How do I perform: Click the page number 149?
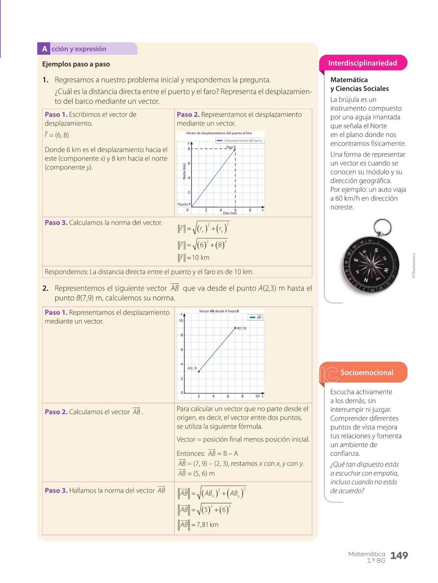(x=399, y=556)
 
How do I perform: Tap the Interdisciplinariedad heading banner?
(x=362, y=63)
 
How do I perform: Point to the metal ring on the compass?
(x=382, y=226)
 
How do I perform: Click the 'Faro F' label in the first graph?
(x=231, y=147)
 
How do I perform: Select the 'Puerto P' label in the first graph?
(x=184, y=204)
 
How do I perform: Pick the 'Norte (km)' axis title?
(x=184, y=171)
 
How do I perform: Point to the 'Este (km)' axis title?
(x=230, y=213)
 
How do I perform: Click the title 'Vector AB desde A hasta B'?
(x=219, y=311)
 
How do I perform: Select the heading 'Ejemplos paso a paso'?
(x=76, y=64)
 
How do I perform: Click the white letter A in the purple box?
(x=44, y=49)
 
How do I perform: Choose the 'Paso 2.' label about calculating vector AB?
(x=56, y=412)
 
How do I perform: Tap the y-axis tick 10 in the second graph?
(x=181, y=321)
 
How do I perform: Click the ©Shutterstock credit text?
(x=414, y=266)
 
